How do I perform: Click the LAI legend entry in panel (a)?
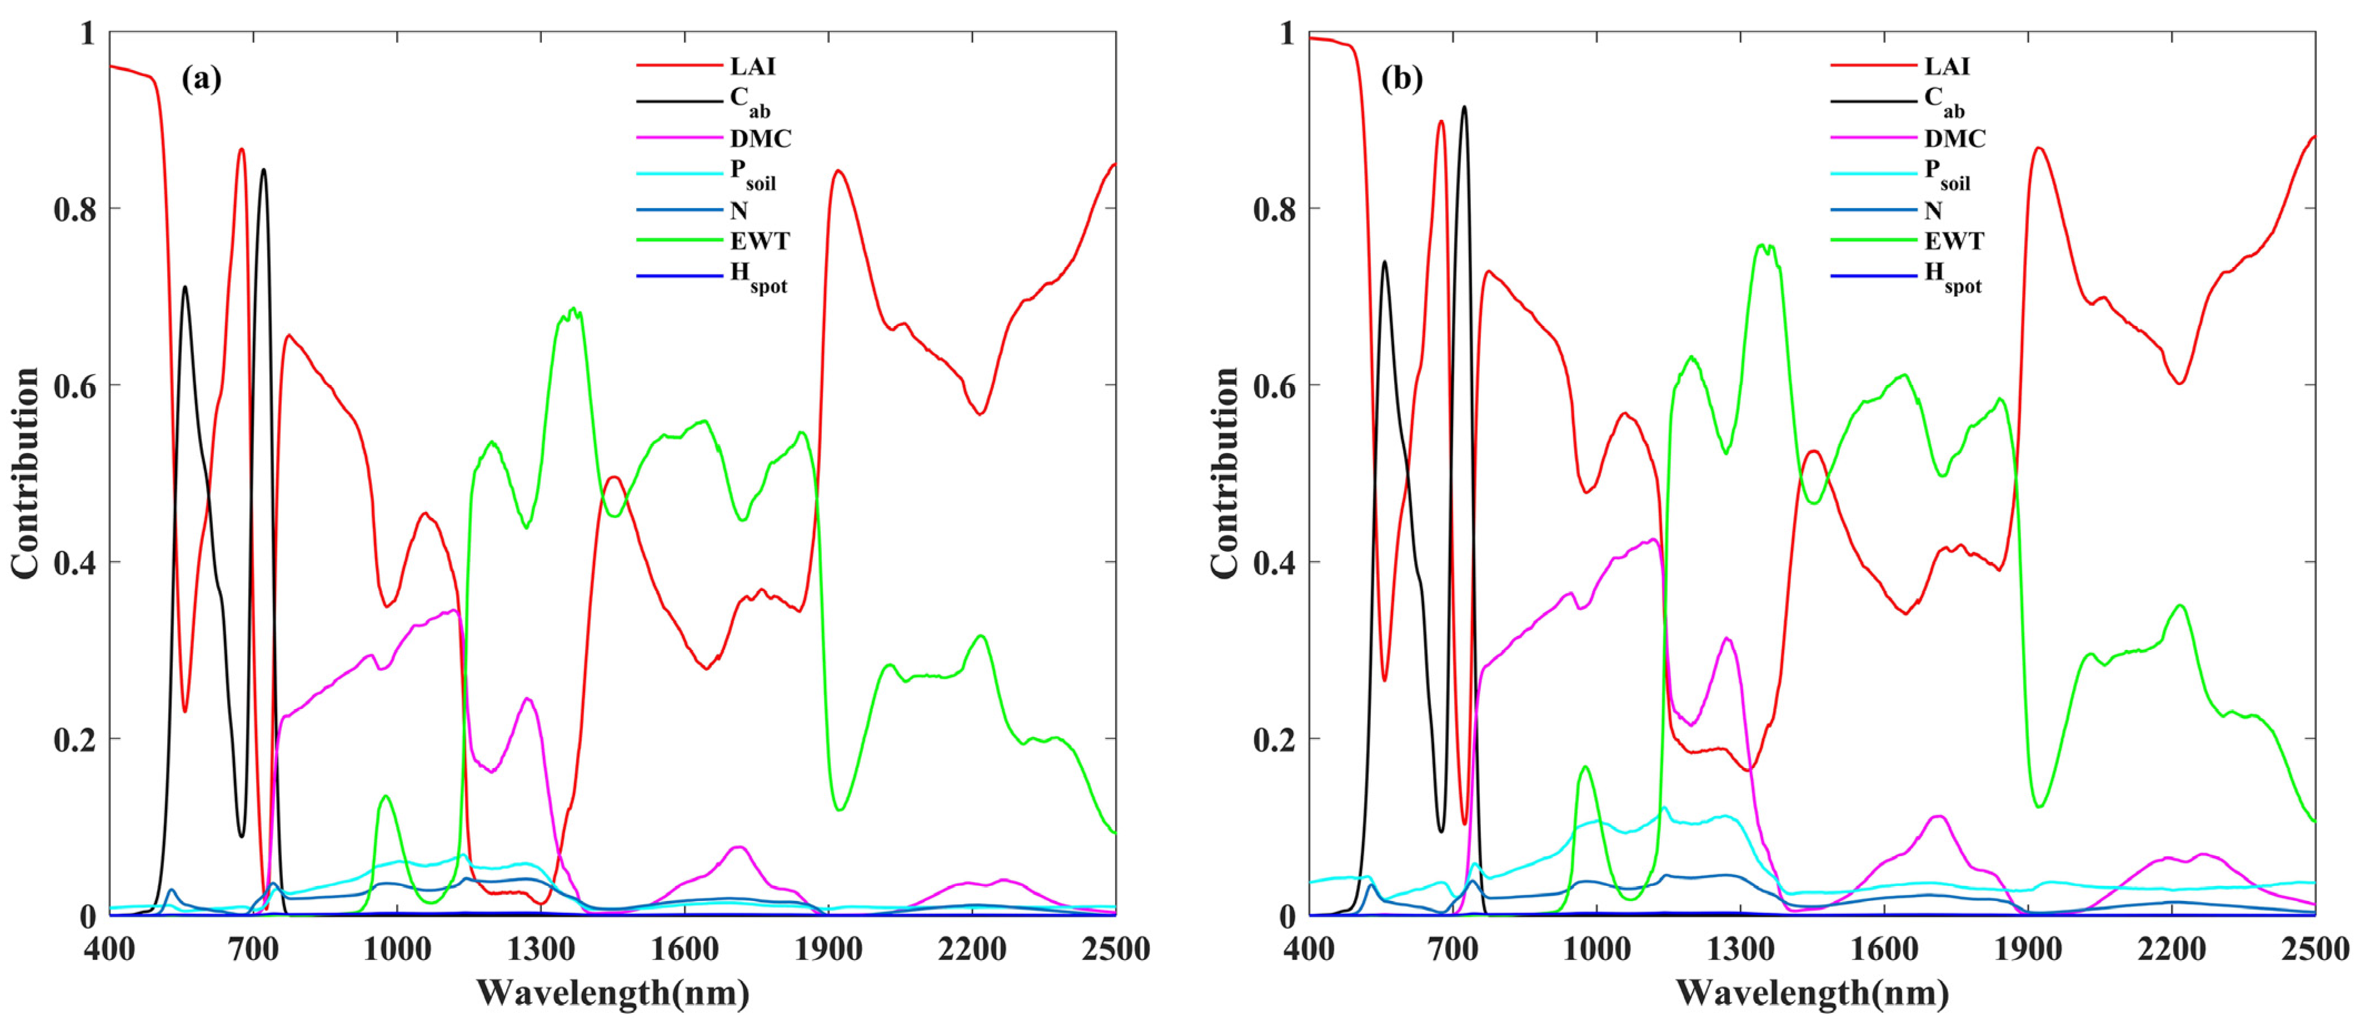(752, 66)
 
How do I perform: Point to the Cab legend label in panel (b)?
(1944, 101)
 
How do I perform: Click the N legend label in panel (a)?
(739, 211)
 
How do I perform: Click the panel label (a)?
(202, 79)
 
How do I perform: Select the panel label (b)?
(1401, 79)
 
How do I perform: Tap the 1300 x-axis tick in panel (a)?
(541, 949)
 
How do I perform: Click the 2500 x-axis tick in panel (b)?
(2314, 949)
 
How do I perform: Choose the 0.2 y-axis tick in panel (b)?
(1274, 739)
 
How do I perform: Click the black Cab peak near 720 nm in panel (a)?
(264, 170)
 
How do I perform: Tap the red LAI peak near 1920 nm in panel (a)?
(838, 171)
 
